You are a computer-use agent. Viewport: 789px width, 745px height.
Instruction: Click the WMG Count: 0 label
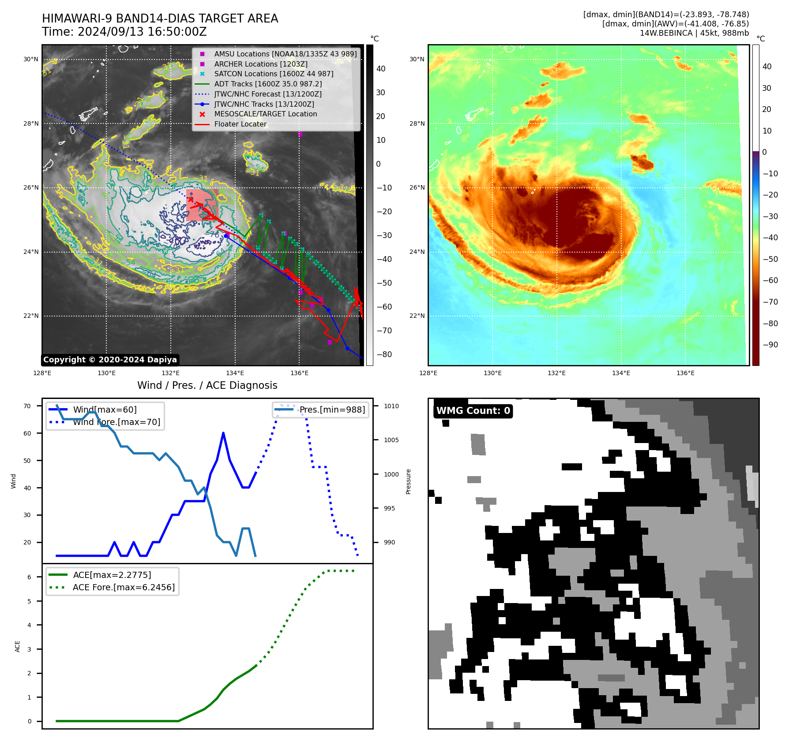click(473, 411)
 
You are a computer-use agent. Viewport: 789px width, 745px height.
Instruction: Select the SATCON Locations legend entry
click(274, 74)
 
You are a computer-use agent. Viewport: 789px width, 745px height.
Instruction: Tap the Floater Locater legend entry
click(240, 124)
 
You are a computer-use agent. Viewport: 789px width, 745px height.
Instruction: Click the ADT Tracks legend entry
click(268, 84)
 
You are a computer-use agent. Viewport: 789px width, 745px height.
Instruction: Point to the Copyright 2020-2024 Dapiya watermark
click(110, 360)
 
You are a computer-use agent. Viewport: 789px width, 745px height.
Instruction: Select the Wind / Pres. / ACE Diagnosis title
click(207, 385)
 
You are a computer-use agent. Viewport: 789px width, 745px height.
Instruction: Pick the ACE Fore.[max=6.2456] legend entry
click(124, 587)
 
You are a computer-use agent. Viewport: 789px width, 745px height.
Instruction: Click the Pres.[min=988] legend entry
click(332, 410)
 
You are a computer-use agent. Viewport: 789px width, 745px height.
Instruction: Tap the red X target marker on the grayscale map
click(191, 199)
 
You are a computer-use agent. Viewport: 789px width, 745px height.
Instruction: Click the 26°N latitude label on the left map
click(31, 188)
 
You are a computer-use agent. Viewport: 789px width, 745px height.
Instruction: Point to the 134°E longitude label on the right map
click(621, 373)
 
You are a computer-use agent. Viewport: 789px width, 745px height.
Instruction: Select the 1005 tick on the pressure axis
click(391, 440)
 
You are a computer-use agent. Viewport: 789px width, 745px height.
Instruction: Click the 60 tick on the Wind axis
click(27, 433)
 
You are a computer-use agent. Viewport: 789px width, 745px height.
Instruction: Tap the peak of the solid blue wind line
click(223, 433)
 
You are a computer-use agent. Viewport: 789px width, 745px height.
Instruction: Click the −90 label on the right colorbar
click(770, 345)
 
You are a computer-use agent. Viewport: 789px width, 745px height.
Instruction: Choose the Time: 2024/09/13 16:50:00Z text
click(124, 32)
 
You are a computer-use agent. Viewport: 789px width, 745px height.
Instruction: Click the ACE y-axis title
click(17, 646)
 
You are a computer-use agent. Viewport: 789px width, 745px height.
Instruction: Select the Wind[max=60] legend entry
click(105, 410)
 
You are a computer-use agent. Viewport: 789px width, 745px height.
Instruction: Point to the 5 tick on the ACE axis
click(30, 601)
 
